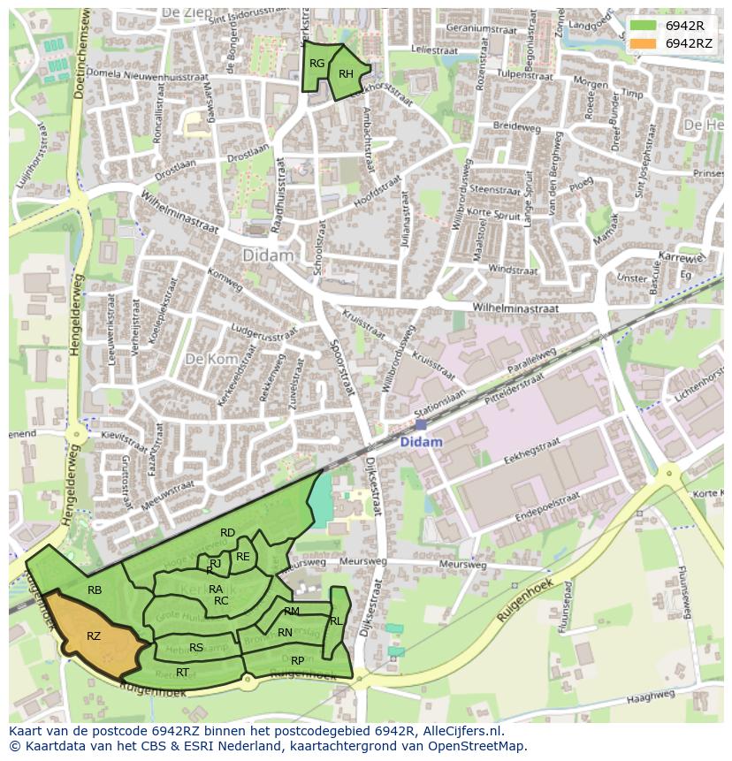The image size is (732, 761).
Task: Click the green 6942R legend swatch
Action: tap(643, 26)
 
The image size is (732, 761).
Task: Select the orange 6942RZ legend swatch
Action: tap(643, 43)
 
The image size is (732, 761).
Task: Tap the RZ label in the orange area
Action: tap(94, 635)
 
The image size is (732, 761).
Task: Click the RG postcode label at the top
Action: tap(316, 63)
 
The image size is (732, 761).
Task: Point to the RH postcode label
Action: tap(346, 73)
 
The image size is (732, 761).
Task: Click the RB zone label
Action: tap(95, 590)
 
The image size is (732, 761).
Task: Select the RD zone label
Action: tap(227, 532)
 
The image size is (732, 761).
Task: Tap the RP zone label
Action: tap(297, 660)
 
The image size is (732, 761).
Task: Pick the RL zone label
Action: tap(335, 621)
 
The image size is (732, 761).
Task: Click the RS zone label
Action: tap(196, 647)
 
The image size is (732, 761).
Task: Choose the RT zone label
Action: tap(181, 672)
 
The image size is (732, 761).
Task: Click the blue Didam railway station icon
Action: tap(420, 425)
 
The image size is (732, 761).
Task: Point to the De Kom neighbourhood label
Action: tap(205, 359)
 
